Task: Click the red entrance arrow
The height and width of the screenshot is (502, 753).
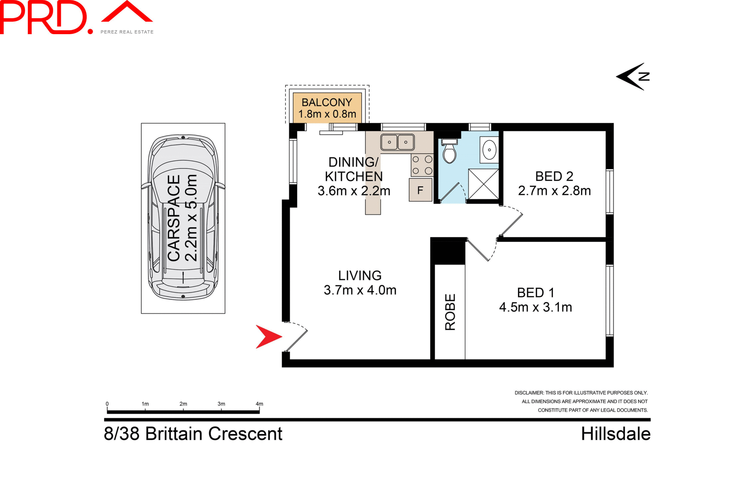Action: [267, 337]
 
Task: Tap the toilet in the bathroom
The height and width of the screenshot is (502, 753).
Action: [449, 152]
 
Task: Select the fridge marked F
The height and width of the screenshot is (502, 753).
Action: [420, 190]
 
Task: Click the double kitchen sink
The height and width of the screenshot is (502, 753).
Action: [397, 142]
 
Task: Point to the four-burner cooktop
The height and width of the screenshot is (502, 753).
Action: [422, 165]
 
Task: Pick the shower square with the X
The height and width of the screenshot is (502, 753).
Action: [483, 184]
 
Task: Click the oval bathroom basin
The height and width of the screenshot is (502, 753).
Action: [489, 150]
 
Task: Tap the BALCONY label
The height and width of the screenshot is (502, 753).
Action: [327, 102]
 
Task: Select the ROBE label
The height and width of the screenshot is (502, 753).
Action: [450, 312]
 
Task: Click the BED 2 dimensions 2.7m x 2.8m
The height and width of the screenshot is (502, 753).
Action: [554, 191]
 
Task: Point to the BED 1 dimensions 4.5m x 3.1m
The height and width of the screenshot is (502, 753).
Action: [535, 307]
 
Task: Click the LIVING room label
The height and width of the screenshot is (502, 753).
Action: [360, 276]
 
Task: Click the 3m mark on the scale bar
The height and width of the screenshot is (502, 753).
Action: [221, 404]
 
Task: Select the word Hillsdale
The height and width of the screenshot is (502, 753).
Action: [615, 434]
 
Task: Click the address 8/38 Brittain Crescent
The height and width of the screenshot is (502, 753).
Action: [193, 434]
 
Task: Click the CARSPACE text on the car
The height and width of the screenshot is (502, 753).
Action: [174, 218]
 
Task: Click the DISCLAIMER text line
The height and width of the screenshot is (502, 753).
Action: [581, 393]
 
